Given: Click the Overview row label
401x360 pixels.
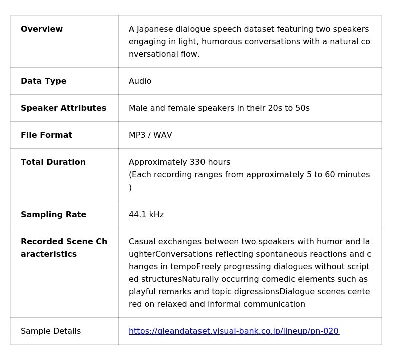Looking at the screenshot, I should tap(42, 29).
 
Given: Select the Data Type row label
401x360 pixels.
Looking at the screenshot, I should tap(44, 81).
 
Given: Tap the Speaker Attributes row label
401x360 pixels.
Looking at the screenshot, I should tap(63, 108).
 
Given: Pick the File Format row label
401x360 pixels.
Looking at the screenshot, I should tap(46, 135).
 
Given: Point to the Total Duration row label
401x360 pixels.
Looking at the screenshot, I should tap(53, 162).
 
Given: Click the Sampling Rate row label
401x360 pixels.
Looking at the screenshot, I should tap(53, 215).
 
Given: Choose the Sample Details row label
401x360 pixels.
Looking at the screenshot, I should tap(51, 331).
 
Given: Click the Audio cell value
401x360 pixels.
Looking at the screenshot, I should tap(140, 81).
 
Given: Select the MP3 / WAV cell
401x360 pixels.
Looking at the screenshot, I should tap(150, 135).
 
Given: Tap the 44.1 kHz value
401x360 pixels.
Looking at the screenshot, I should tap(146, 215).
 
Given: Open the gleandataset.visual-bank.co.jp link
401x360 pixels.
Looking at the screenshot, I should tap(234, 331).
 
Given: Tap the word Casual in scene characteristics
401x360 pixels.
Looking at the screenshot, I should tap(142, 242).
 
